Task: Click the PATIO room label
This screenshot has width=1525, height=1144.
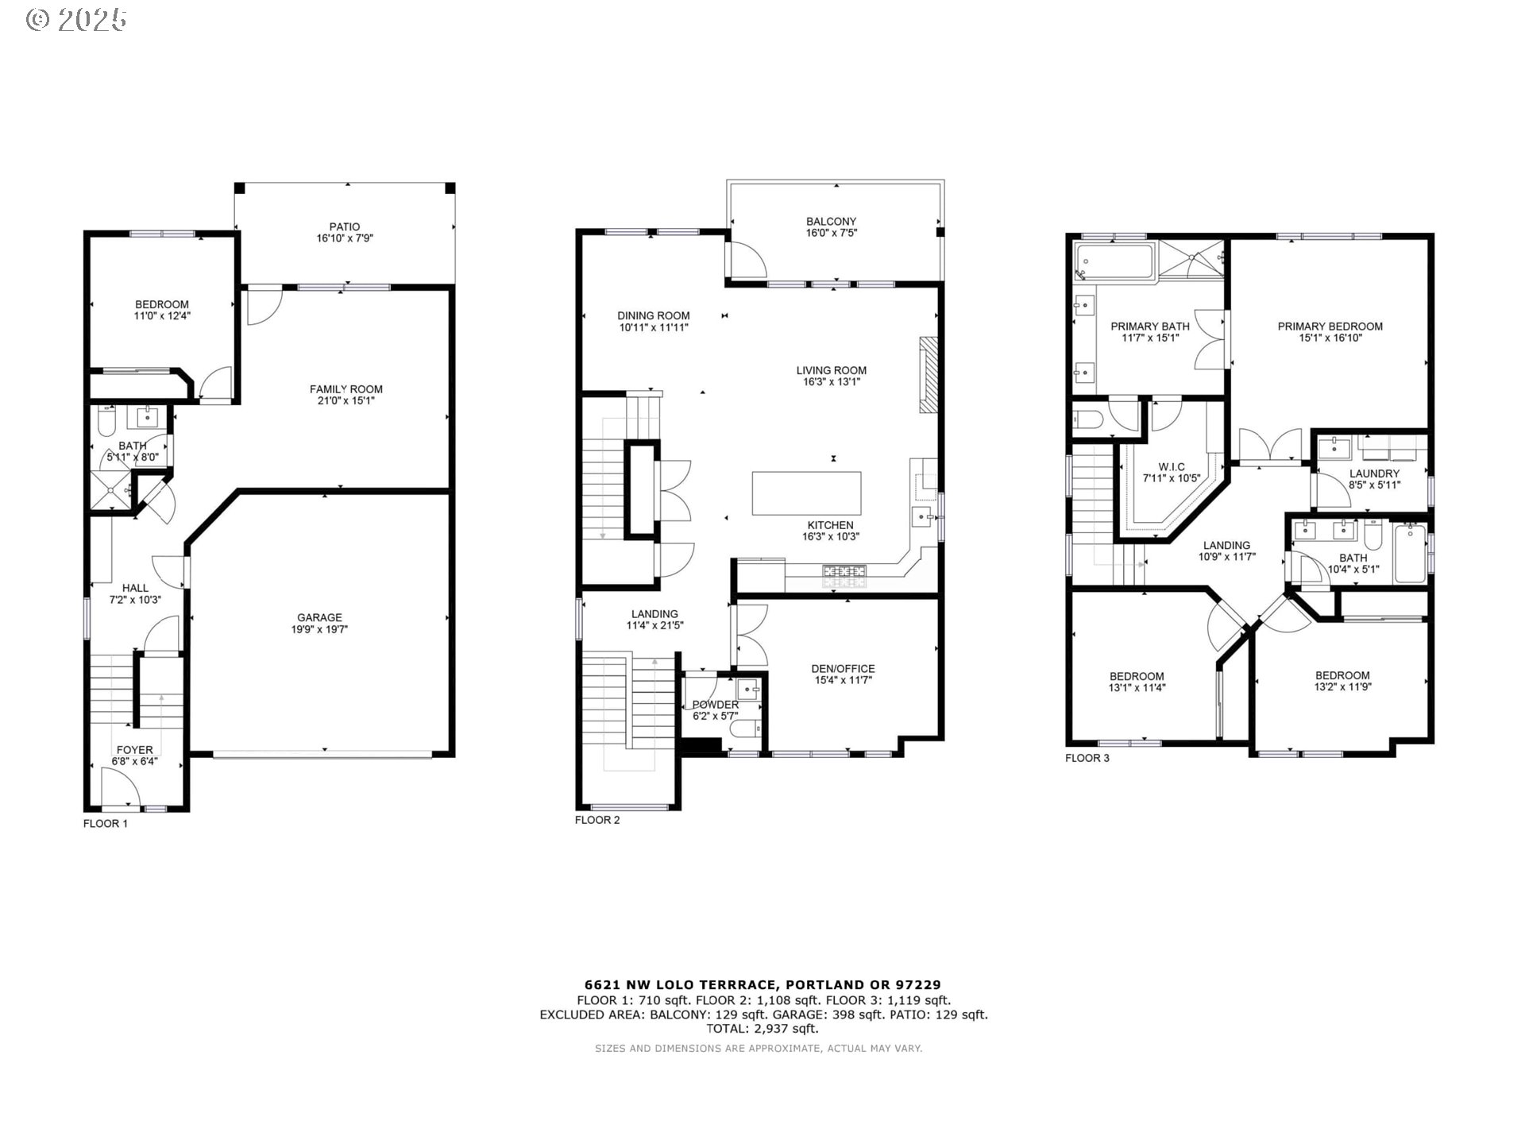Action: (345, 226)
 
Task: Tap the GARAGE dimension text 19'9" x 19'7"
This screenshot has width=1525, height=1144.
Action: (319, 629)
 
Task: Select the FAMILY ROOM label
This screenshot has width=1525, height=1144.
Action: (346, 389)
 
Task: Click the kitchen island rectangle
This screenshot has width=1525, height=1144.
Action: (806, 493)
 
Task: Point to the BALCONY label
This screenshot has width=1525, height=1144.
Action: (831, 222)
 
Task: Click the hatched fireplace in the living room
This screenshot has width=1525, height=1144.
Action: (929, 375)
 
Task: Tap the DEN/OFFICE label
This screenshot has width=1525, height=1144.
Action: (843, 669)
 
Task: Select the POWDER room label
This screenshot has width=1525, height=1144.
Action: (715, 705)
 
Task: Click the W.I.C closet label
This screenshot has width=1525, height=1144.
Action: (1171, 467)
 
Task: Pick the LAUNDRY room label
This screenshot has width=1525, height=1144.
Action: (1374, 473)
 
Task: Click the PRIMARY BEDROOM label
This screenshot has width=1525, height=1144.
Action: (1330, 327)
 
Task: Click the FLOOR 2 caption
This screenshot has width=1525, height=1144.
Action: (597, 820)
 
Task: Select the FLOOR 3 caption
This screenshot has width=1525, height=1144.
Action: (1087, 758)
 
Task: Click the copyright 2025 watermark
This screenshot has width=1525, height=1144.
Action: (76, 20)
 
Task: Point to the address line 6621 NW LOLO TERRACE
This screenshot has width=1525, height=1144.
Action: (762, 985)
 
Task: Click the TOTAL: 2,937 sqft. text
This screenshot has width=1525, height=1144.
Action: (762, 1028)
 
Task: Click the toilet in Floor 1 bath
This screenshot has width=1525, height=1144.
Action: (106, 422)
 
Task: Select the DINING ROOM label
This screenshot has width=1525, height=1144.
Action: (654, 315)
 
